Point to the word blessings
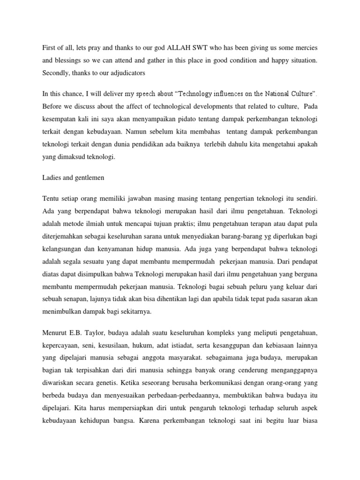click(x=72, y=60)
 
